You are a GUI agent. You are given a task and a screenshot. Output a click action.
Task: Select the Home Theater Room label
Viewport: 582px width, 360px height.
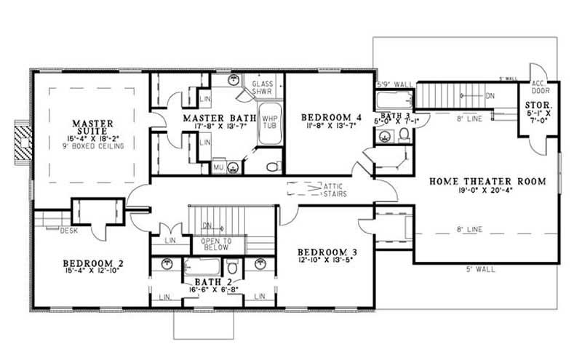487,181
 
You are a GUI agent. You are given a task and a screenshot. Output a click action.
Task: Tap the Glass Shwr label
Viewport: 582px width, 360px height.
262,89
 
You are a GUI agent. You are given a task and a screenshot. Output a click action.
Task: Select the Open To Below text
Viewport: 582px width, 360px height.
217,244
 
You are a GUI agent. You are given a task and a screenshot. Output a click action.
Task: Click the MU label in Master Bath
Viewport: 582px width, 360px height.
218,167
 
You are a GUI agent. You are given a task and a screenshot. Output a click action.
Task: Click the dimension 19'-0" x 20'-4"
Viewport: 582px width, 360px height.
487,191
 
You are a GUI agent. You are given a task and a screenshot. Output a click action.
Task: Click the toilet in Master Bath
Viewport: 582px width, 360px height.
272,167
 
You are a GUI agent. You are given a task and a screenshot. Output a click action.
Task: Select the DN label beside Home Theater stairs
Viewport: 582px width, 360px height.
490,95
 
